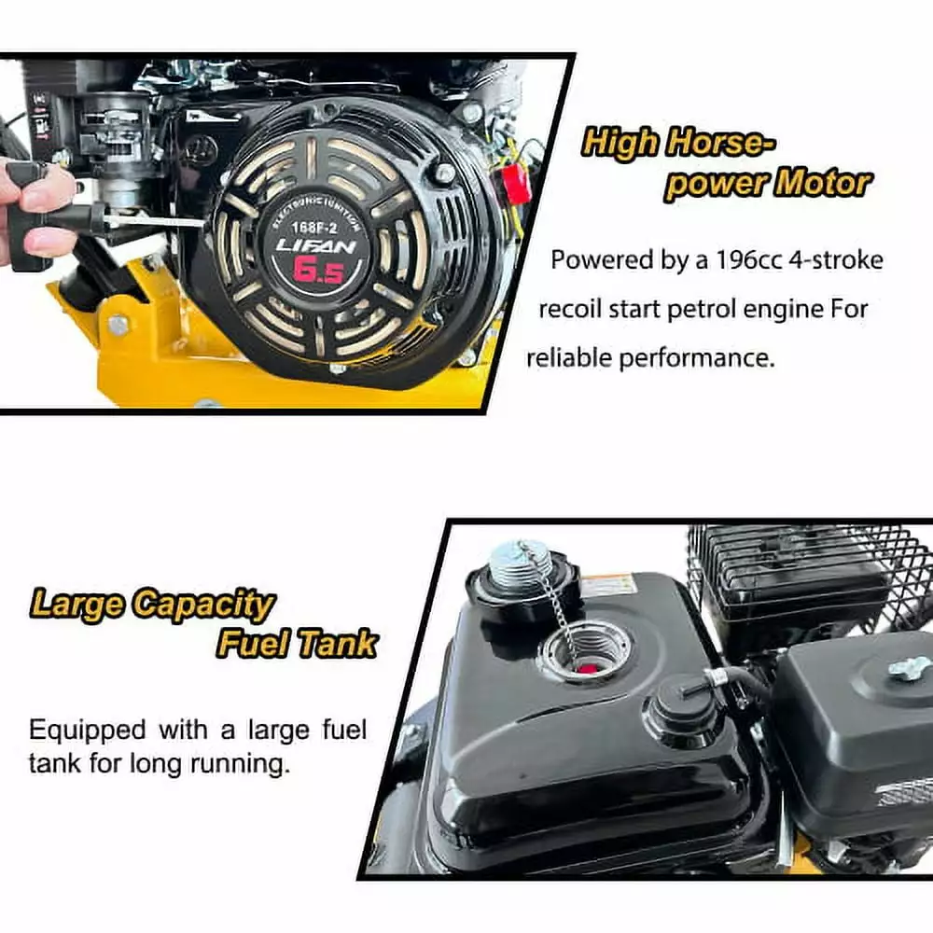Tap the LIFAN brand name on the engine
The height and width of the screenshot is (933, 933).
(316, 245)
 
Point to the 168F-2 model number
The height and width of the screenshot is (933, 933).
(314, 228)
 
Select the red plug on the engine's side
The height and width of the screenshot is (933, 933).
(515, 183)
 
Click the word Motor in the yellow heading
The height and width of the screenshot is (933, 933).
(822, 183)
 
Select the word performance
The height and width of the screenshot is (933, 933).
(697, 358)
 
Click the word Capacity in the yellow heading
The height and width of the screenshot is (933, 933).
(203, 606)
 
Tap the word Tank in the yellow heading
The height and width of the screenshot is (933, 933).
(338, 643)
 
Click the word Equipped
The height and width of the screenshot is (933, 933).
(88, 731)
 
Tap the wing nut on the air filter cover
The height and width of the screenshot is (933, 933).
(910, 668)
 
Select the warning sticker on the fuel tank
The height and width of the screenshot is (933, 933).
(606, 586)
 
